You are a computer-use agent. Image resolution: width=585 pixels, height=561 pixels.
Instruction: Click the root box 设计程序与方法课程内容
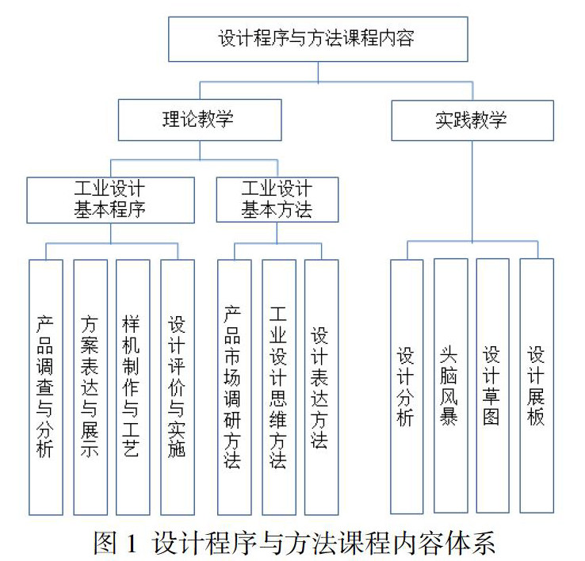[x=316, y=39]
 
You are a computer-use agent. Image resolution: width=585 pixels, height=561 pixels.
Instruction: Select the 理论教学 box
[x=199, y=120]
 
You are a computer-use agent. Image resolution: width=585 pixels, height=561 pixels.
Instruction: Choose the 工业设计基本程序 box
[x=110, y=199]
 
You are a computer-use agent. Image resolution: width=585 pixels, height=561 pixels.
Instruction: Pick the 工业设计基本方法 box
[x=277, y=199]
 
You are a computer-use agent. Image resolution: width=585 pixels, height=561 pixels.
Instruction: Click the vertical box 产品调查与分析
[x=45, y=386]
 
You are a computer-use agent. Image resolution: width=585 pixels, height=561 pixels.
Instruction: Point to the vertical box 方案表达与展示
[x=90, y=386]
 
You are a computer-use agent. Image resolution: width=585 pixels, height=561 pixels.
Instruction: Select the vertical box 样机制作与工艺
[x=132, y=386]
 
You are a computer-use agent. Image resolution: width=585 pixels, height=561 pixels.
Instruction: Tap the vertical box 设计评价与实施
[x=177, y=386]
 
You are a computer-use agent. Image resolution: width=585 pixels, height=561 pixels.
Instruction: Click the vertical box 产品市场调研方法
[x=234, y=386]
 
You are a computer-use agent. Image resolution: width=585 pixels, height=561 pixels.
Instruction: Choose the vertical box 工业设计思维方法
[x=278, y=386]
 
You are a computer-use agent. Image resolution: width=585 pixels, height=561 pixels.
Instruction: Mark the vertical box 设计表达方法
[x=320, y=386]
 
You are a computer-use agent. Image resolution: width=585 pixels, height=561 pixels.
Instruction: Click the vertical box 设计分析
[x=407, y=386]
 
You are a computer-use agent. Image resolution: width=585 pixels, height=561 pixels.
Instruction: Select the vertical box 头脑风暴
[x=449, y=386]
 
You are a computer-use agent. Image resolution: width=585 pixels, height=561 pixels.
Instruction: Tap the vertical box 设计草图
[x=492, y=386]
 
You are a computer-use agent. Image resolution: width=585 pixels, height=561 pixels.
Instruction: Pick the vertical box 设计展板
[x=536, y=386]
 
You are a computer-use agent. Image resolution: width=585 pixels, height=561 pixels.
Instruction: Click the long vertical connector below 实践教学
[x=472, y=190]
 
